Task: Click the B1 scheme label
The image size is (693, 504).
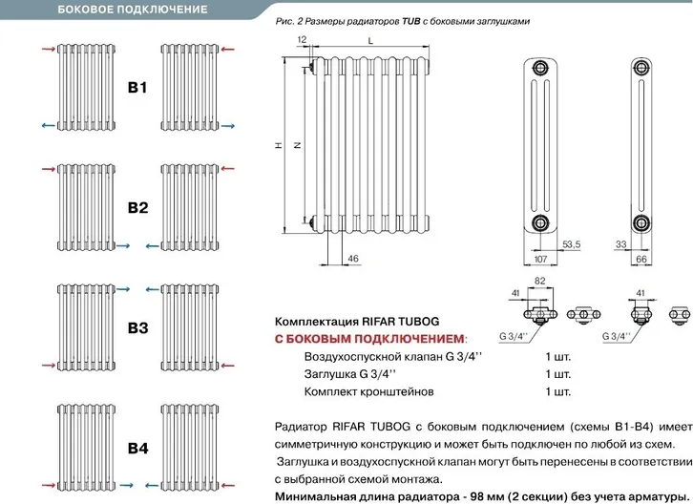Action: [x=137, y=89]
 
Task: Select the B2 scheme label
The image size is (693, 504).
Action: [x=137, y=207]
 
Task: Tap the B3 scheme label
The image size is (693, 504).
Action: [x=137, y=327]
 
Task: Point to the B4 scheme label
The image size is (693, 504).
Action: [x=137, y=447]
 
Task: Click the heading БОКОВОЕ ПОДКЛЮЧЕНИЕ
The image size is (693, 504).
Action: [x=133, y=10]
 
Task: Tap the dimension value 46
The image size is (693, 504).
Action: [x=352, y=259]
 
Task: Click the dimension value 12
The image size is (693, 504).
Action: [x=303, y=39]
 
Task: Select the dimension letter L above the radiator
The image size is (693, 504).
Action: [x=370, y=39]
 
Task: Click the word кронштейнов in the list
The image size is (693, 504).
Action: [x=401, y=391]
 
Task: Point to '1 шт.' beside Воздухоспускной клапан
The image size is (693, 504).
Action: [x=559, y=356]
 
